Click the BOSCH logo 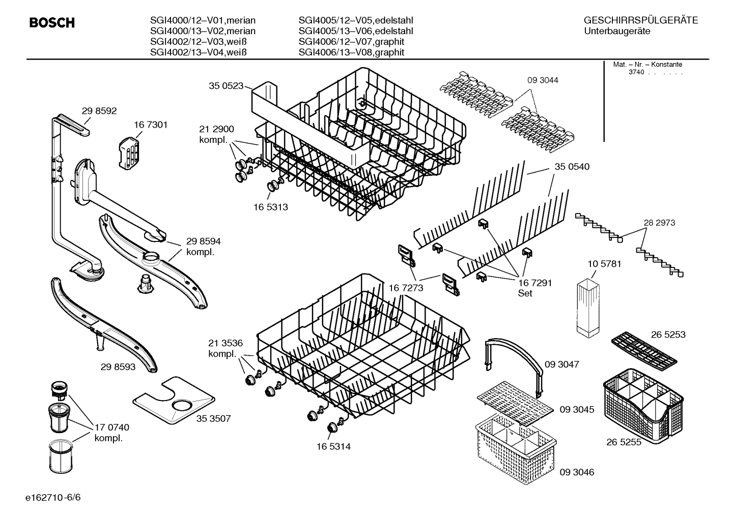point(52,23)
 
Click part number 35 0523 point(226,86)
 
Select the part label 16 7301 point(151,125)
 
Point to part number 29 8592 point(99,110)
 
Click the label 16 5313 point(270,207)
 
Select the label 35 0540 point(572,166)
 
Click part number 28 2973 point(659,223)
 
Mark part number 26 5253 point(668,334)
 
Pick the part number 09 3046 point(577,472)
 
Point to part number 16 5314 point(333,446)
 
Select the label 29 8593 point(118,366)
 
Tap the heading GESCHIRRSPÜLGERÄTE point(640,20)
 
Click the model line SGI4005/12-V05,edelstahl point(355,20)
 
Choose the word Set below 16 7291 point(525,293)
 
